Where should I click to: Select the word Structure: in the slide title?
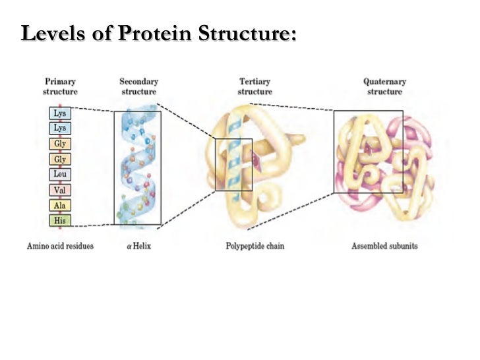(249, 33)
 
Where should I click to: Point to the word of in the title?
(102, 33)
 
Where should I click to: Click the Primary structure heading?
(60, 86)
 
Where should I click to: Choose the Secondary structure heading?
(138, 86)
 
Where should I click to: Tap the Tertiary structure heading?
(255, 86)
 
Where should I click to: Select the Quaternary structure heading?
(384, 86)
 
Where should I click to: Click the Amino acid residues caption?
(60, 247)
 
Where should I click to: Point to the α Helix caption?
(138, 247)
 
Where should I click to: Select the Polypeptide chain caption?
(255, 247)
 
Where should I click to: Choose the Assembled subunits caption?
(384, 247)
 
